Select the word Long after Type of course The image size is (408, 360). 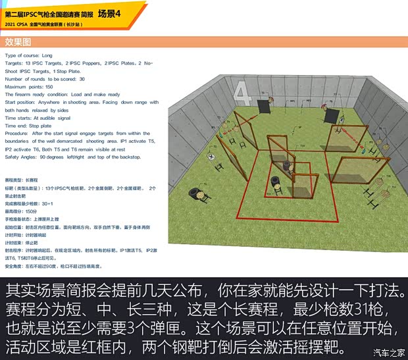coord(47,55)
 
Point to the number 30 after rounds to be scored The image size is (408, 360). coord(82,79)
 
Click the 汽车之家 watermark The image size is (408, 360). coord(388,351)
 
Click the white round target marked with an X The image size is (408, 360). coord(211,157)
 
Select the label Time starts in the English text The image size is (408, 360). coord(18,118)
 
